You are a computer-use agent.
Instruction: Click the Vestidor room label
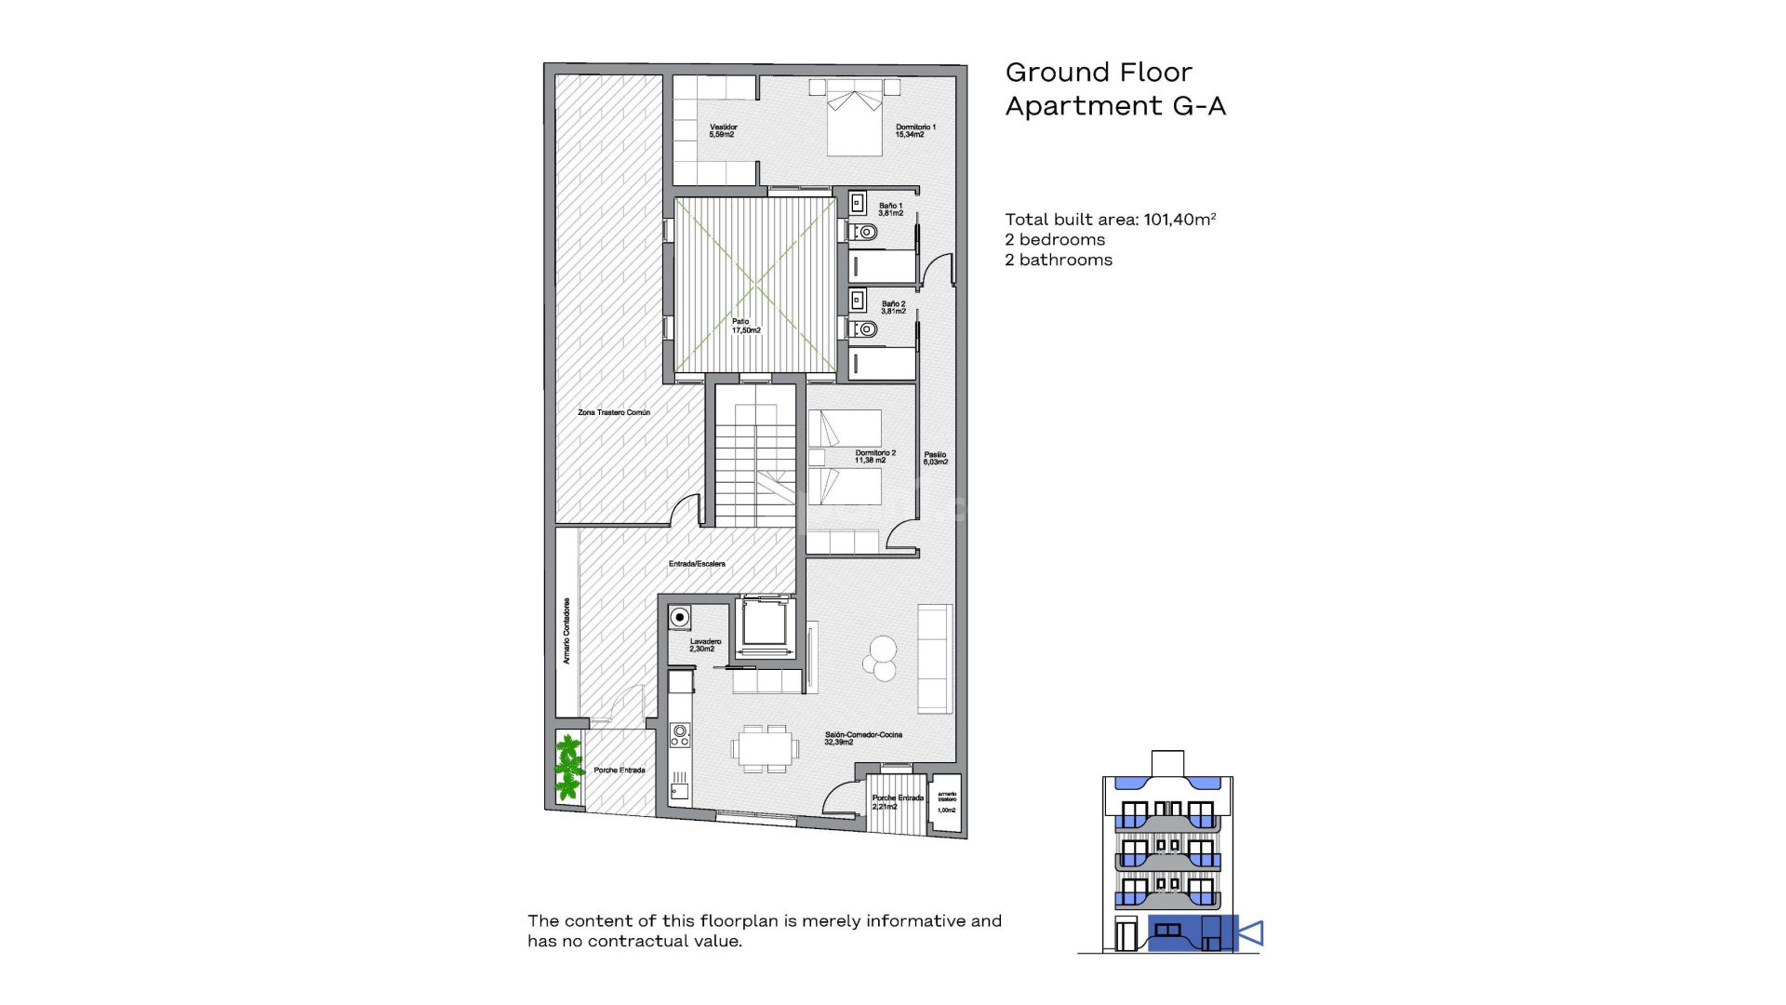(x=723, y=130)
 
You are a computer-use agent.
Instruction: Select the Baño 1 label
(x=890, y=209)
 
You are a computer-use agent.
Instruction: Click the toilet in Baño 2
(x=865, y=328)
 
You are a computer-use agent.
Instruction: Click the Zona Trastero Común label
(x=614, y=412)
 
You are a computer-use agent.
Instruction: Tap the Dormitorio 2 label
(x=874, y=456)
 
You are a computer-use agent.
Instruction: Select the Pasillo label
(x=935, y=458)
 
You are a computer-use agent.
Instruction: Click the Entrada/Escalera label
(x=697, y=564)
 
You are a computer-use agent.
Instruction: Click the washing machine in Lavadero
(x=680, y=617)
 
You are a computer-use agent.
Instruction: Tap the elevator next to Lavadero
(x=766, y=624)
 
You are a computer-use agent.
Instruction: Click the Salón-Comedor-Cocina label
(x=862, y=738)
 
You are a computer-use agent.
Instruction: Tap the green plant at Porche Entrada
(x=567, y=768)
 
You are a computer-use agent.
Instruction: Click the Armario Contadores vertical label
(x=566, y=631)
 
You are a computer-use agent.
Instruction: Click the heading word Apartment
(x=1085, y=106)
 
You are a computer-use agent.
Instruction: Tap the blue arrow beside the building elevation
(x=1251, y=932)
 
